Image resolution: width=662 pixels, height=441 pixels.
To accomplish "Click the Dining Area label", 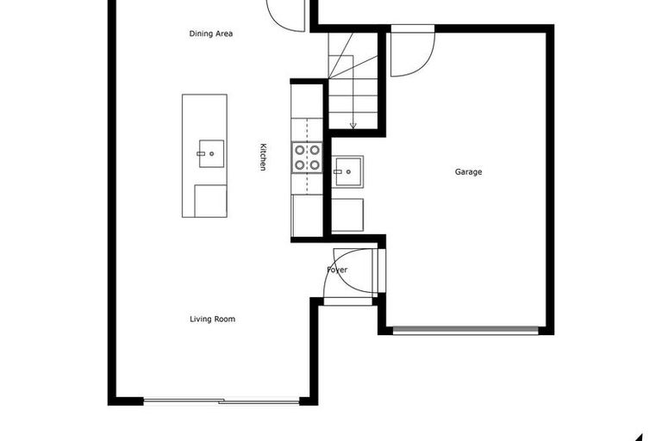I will (211, 34).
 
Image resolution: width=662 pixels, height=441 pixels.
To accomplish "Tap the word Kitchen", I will (263, 157).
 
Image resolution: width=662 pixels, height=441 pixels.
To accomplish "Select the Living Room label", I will (212, 320).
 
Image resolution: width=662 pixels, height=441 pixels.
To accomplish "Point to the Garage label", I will (468, 172).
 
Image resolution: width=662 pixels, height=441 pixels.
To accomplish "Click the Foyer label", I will (337, 270).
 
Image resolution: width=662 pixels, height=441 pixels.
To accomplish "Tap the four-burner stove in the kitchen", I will (307, 157).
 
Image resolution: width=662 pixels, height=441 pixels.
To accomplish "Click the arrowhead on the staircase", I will (353, 126).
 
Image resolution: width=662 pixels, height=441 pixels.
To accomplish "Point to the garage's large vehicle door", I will (466, 329).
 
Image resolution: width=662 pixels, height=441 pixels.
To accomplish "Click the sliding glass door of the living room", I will (221, 401).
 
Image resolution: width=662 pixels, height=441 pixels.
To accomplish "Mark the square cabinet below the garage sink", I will (347, 215).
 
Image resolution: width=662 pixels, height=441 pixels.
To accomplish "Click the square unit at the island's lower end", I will (210, 201).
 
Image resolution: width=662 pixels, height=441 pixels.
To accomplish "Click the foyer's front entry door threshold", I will (347, 301).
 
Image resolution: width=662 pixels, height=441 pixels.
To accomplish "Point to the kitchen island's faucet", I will (200, 153).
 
